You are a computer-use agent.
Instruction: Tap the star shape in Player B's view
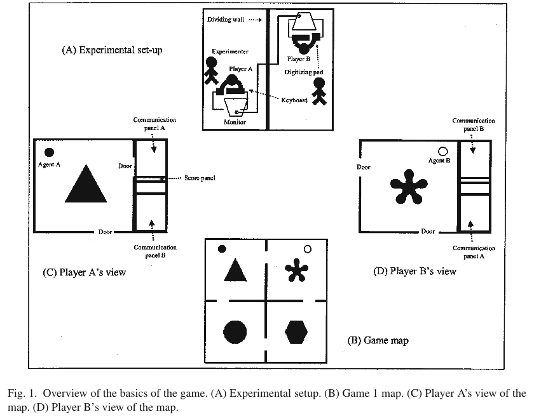pyautogui.click(x=409, y=187)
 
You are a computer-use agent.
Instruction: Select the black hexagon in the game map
pyautogui.click(x=296, y=331)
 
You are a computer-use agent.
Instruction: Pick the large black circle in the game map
pyautogui.click(x=235, y=332)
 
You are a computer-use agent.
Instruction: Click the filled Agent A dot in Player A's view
pyautogui.click(x=49, y=152)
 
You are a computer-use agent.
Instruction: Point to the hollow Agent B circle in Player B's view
pyautogui.click(x=442, y=152)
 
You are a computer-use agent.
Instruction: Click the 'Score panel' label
pyautogui.click(x=200, y=178)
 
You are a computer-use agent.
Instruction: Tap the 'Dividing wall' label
pyautogui.click(x=226, y=20)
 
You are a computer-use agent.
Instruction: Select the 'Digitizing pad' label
pyautogui.click(x=303, y=72)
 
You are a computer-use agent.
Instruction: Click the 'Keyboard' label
pyautogui.click(x=294, y=100)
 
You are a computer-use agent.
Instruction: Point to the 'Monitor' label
pyautogui.click(x=235, y=122)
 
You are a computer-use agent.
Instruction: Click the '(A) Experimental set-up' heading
pyautogui.click(x=112, y=50)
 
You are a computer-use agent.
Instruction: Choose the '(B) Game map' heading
pyautogui.click(x=378, y=340)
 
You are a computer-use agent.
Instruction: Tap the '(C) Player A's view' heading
pyautogui.click(x=85, y=272)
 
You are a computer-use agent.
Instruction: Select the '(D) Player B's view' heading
pyautogui.click(x=414, y=271)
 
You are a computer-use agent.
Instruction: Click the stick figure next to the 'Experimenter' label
pyautogui.click(x=211, y=70)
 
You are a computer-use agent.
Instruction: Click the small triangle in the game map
pyautogui.click(x=235, y=270)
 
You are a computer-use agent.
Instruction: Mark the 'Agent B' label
pyautogui.click(x=439, y=161)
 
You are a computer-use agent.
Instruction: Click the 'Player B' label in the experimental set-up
pyautogui.click(x=299, y=59)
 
